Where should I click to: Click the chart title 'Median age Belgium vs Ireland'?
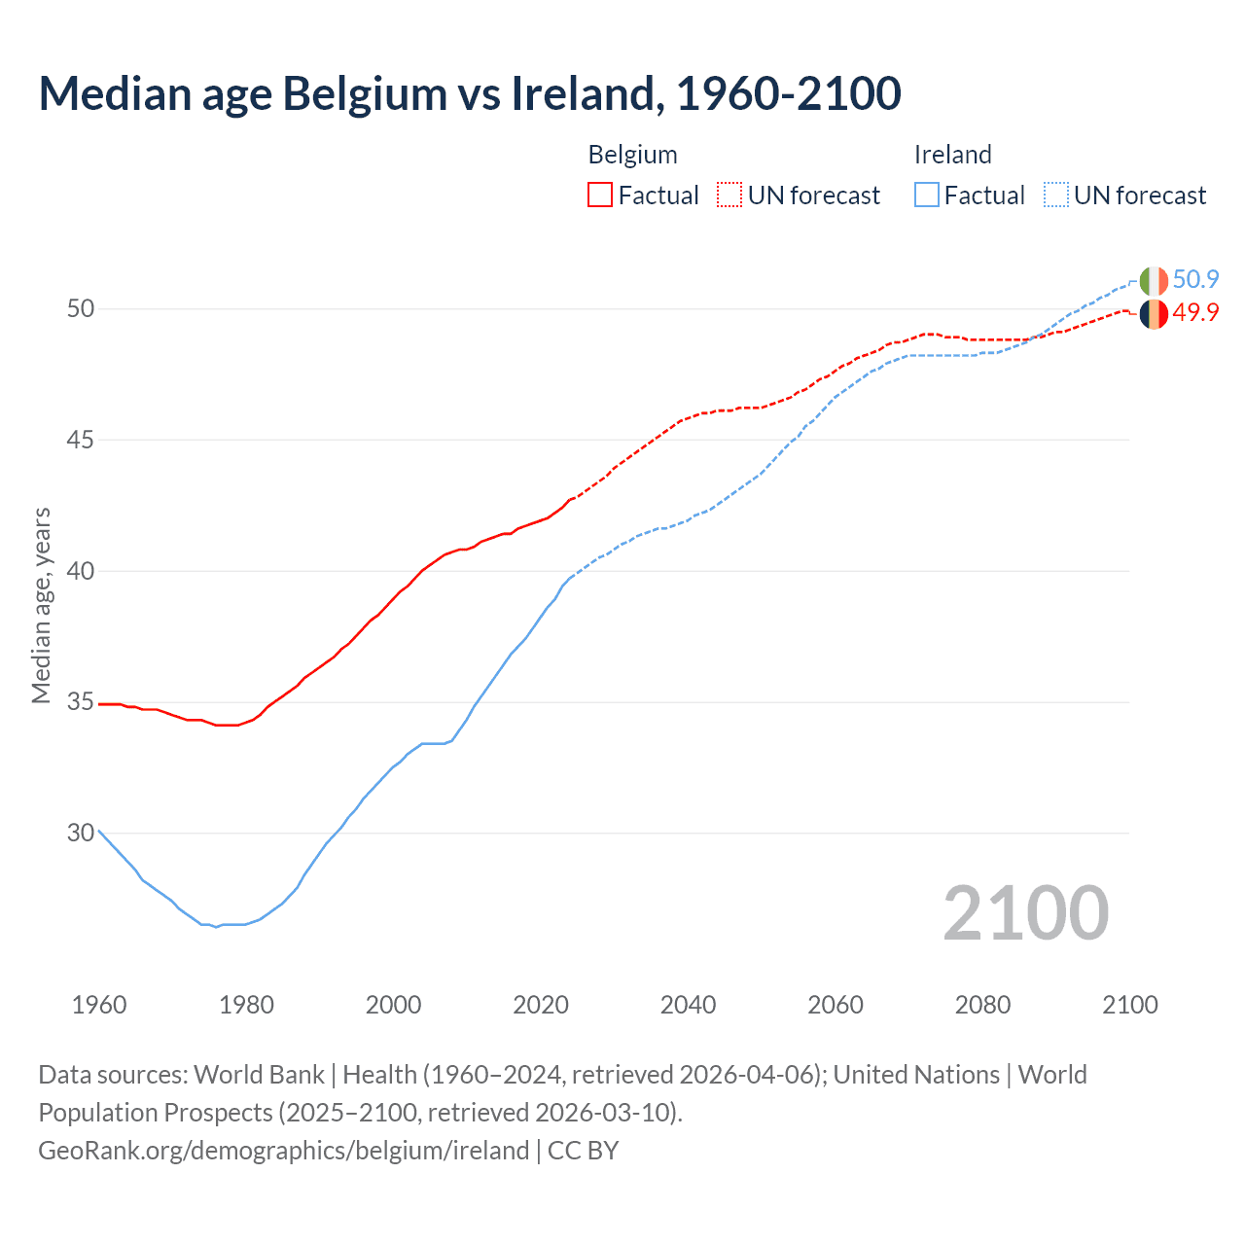point(470,93)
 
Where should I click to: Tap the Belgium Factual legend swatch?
point(600,196)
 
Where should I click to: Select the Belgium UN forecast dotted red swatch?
point(729,196)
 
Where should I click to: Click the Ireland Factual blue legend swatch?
point(927,196)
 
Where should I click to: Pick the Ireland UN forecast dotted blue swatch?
point(1056,196)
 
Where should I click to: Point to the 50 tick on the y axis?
point(81,308)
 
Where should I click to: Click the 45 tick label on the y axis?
point(81,440)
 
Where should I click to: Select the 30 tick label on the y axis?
point(81,833)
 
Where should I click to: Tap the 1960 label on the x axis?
point(99,1005)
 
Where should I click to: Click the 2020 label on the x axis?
point(541,1005)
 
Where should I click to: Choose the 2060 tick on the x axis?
point(836,1005)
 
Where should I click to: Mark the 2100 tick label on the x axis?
point(1129,1005)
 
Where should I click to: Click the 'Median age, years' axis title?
point(41,605)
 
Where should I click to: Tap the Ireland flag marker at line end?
point(1154,280)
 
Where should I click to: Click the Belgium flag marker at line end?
point(1154,313)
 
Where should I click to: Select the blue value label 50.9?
point(1195,280)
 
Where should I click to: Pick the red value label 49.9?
point(1195,312)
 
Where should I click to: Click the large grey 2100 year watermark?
point(1025,912)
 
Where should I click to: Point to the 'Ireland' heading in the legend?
point(952,155)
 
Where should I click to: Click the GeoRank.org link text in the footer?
point(283,1150)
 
